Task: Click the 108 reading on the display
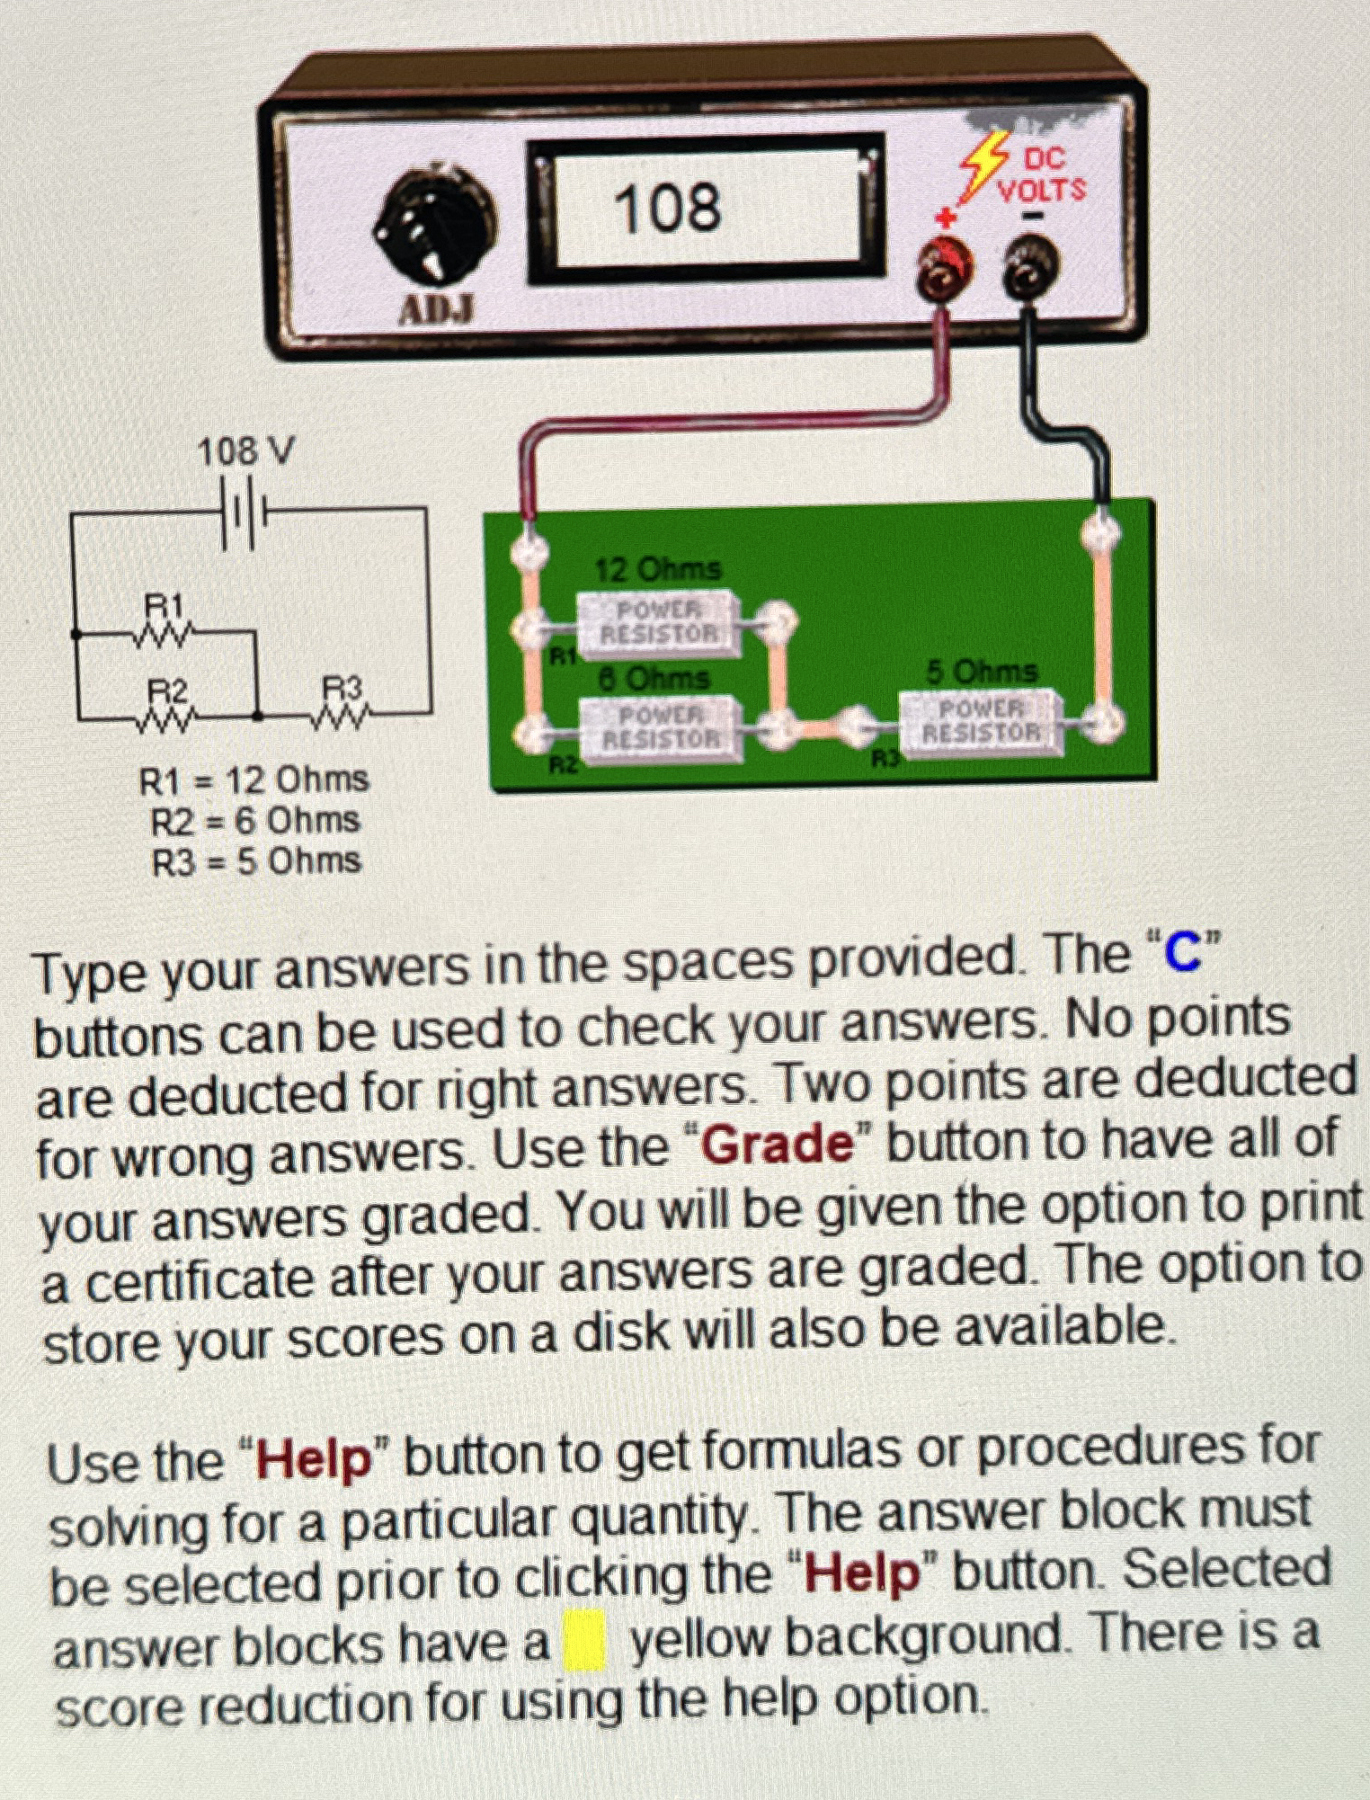point(667,208)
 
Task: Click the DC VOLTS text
point(1043,175)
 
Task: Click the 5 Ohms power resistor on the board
point(983,721)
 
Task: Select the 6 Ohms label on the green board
point(654,677)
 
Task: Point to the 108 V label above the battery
point(245,451)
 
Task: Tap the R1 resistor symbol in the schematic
point(165,634)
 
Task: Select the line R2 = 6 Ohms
point(255,820)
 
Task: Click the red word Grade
point(777,1145)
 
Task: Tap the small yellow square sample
point(584,1642)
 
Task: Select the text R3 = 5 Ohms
point(256,862)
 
